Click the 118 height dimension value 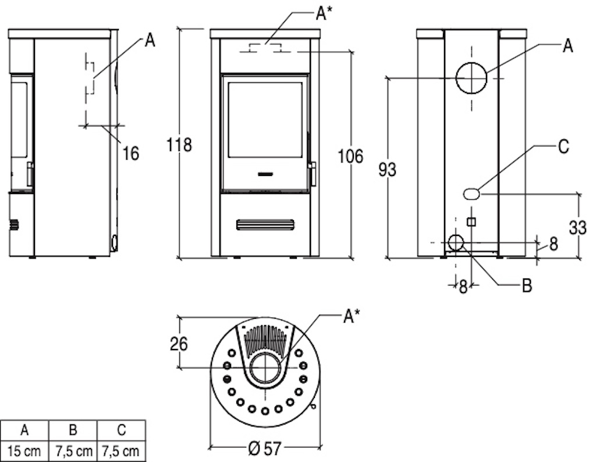coord(179,145)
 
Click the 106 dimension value coord(350,156)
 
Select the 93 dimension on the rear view coord(387,170)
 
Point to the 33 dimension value coord(578,228)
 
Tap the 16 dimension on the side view coord(131,153)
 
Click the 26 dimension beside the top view coord(179,344)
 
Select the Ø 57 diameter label coord(265,449)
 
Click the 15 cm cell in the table coord(24,452)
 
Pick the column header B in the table coord(73,430)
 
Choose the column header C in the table coord(121,430)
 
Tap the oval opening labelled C coord(471,193)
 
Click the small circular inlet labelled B coord(456,242)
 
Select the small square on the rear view coord(471,221)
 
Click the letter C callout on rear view coord(563,146)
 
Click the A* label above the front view coord(324,13)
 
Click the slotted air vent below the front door coord(265,225)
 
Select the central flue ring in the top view coord(265,353)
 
